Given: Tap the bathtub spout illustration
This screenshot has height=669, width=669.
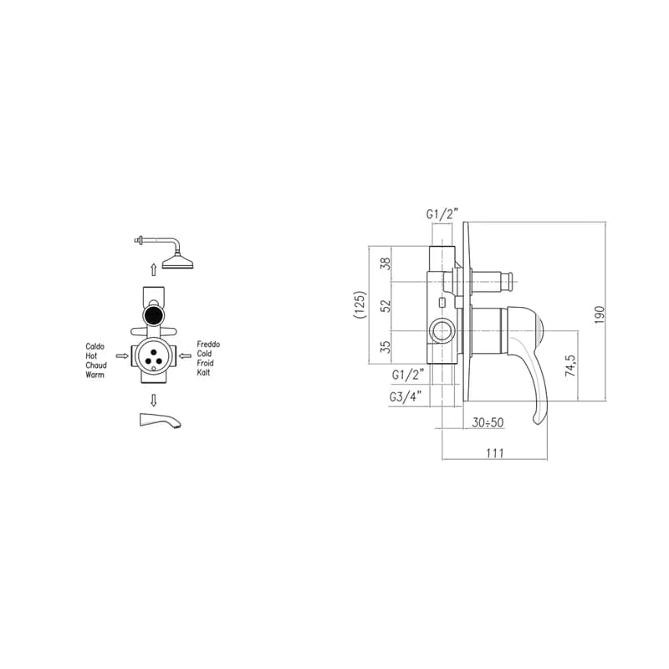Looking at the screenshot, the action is click(x=161, y=420).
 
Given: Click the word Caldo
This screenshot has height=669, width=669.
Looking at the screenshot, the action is click(x=94, y=346).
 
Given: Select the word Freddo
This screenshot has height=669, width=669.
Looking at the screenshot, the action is click(x=208, y=344).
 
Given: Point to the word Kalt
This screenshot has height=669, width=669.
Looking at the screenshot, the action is click(x=203, y=372).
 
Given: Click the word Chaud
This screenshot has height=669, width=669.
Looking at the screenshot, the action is click(x=96, y=365).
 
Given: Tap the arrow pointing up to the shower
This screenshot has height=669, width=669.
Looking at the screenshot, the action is click(x=154, y=269).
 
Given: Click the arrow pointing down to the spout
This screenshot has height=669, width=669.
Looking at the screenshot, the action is click(x=154, y=401).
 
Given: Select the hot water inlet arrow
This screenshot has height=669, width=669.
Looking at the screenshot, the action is click(x=122, y=356).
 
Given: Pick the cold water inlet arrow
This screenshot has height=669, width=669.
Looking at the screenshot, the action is click(x=185, y=356).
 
